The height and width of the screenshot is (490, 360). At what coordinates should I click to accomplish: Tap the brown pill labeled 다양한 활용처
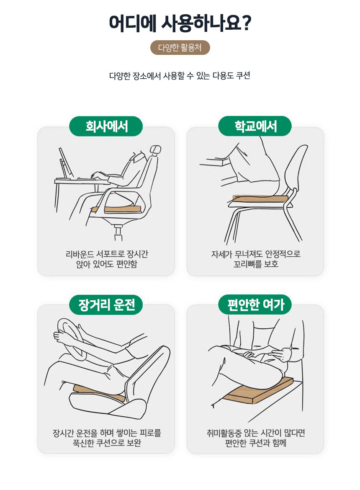pyautogui.click(x=180, y=47)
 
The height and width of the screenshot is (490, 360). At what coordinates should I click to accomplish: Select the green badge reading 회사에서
pyautogui.click(x=106, y=126)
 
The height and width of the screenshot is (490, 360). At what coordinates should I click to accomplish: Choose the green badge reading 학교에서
pyautogui.click(x=255, y=126)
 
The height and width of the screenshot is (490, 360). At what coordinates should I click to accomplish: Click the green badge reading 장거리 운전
pyautogui.click(x=106, y=305)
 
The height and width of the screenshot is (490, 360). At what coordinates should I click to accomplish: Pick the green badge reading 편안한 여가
pyautogui.click(x=255, y=305)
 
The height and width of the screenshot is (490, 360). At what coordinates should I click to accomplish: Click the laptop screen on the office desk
pyautogui.click(x=66, y=162)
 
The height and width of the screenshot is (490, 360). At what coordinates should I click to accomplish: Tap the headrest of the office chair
pyautogui.click(x=155, y=150)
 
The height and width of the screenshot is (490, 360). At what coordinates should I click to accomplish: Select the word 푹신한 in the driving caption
pyautogui.click(x=83, y=443)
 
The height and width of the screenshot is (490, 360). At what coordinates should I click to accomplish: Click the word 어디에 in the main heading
pyautogui.click(x=132, y=23)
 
